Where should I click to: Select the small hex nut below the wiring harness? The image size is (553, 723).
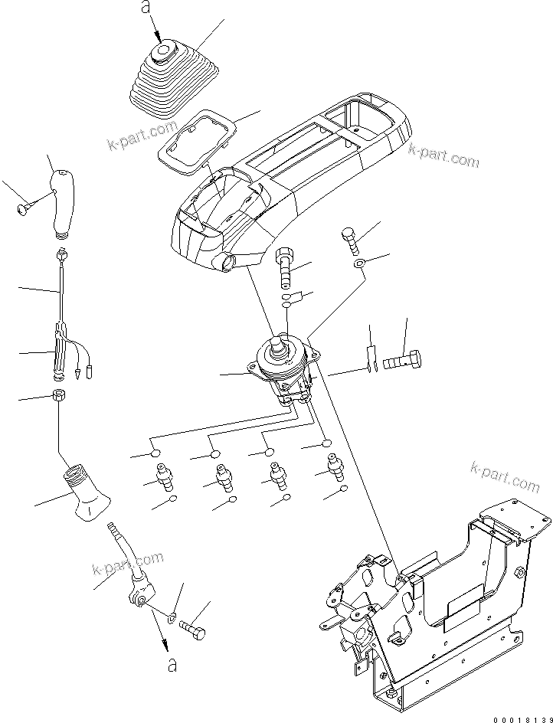coord(57,397)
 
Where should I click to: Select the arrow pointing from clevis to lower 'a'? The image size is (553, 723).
coord(161,633)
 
